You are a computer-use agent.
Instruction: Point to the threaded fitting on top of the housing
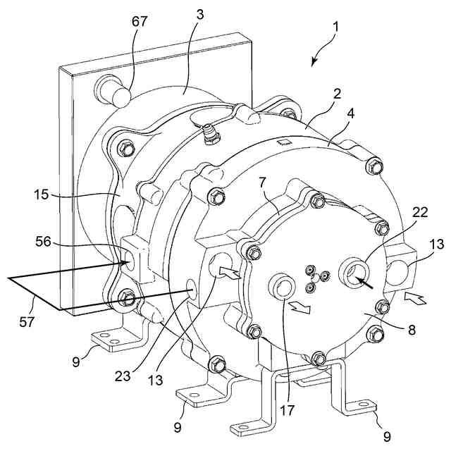[x=209, y=135]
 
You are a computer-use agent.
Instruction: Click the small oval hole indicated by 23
[x=190, y=289]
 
